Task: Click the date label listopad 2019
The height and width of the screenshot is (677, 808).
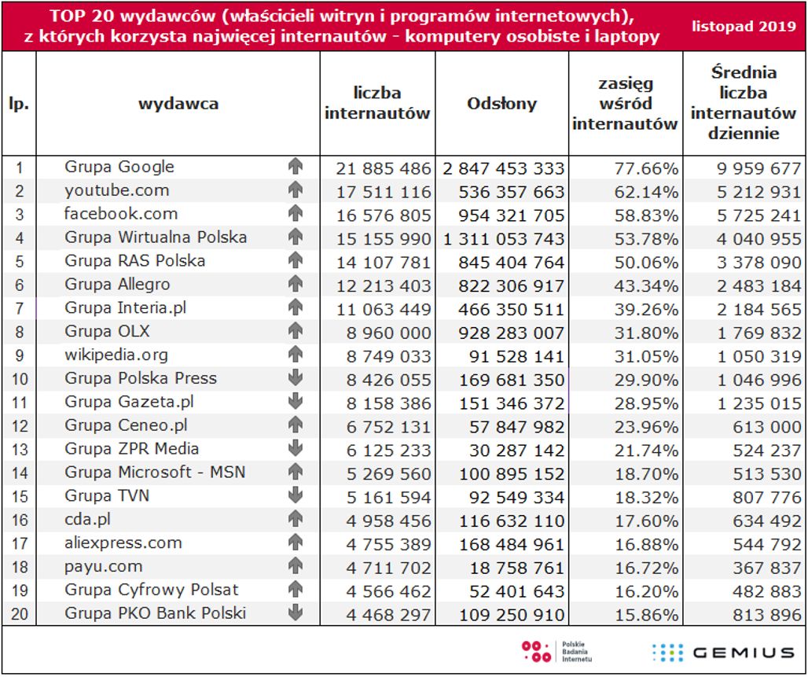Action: point(744,25)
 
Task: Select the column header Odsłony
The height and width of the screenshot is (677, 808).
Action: point(501,104)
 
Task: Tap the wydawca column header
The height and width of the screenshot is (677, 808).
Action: point(178,104)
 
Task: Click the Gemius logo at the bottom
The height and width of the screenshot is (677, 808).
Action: point(723,652)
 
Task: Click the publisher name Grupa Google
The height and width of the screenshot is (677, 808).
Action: point(119,167)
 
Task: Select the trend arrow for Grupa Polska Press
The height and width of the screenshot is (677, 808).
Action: point(296,378)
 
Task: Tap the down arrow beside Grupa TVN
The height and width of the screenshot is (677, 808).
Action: point(296,495)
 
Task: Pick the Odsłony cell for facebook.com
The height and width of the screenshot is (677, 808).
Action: point(503,215)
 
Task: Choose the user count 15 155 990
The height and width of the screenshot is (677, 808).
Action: point(384,239)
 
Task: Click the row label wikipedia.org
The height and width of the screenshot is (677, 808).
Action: point(116,355)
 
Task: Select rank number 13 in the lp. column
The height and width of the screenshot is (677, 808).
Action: point(20,450)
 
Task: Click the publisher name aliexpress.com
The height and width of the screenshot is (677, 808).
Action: point(123,543)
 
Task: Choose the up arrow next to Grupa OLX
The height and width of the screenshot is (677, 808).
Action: point(296,331)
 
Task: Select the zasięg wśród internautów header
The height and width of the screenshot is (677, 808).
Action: point(625,104)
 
